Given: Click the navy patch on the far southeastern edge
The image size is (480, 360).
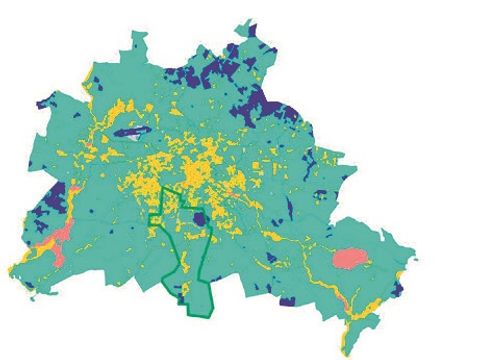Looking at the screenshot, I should [399, 291].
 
